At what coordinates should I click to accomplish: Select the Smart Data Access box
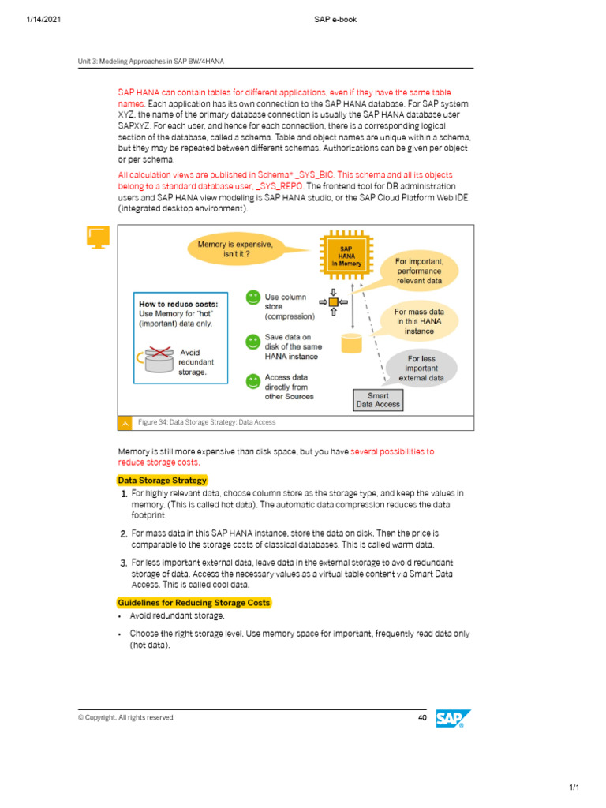coord(378,400)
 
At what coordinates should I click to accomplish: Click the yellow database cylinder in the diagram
coord(351,343)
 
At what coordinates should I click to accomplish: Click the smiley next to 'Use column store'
coord(252,298)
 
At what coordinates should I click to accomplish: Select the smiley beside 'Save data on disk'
coord(252,342)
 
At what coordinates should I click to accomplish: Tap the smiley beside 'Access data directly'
coord(252,381)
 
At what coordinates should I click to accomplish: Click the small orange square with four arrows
coord(333,302)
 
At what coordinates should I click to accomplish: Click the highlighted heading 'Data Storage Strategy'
coord(162,480)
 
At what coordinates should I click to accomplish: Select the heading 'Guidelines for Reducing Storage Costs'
coord(193,603)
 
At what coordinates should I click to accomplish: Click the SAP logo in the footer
coord(453,718)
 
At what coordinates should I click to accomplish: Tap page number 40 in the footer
coord(421,717)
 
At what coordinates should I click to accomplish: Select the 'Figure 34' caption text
coord(206,422)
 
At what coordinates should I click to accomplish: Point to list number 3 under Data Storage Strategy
coord(124,563)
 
